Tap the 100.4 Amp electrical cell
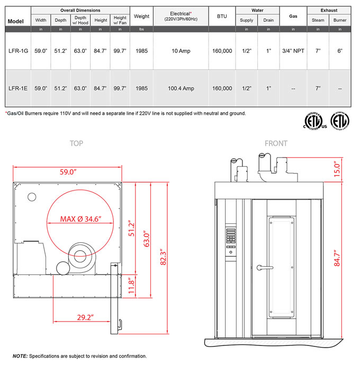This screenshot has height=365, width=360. pos(181,88)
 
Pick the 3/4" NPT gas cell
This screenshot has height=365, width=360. pos(293,51)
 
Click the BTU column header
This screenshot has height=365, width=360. pos(222,16)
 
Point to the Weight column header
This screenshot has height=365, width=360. pos(141,16)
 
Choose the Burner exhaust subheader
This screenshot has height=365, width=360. pos(339,20)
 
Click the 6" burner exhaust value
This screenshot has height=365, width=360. pos(339,51)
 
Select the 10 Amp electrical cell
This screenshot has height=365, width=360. pos(181,51)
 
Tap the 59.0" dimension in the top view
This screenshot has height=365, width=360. pos(67,172)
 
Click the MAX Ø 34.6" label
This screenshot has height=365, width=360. pos(80,218)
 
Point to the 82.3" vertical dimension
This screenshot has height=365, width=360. pos(165,260)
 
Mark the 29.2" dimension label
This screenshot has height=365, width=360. pos(84,317)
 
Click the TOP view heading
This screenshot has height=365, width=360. pos(76,143)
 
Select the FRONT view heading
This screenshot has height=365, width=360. pos(276,143)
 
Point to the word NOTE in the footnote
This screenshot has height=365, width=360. pos(20,356)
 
